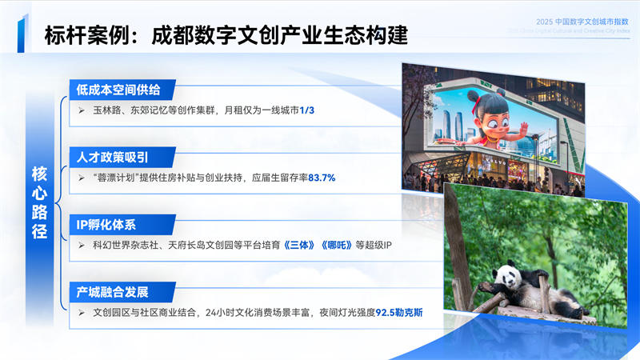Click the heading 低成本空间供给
point(118,89)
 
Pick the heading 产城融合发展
point(113,290)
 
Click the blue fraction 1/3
point(307,109)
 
